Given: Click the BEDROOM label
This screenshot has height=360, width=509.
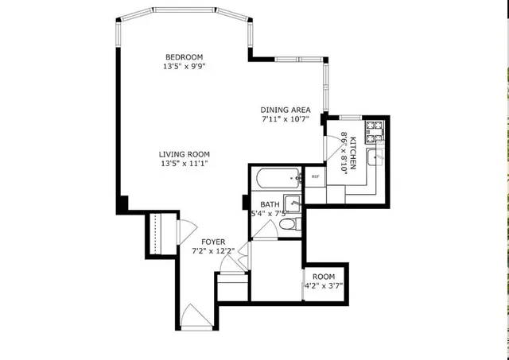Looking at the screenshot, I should point(184,56).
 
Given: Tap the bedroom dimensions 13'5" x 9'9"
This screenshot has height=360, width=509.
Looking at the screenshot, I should point(184,67).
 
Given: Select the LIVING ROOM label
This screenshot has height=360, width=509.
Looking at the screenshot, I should point(183,154).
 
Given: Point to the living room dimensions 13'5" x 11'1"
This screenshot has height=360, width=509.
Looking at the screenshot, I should point(183,165).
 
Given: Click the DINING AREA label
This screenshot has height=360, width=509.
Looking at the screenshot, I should point(285,110).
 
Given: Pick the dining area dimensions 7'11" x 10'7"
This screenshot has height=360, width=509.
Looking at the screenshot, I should point(285,120).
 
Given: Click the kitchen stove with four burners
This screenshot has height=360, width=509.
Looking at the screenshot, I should point(373,126).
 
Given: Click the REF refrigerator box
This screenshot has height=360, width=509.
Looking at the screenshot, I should point(315,176).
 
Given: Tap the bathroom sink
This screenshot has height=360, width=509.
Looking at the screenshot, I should point(292,203).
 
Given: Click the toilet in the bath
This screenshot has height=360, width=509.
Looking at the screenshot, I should point(291,226).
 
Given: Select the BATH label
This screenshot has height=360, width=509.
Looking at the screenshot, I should point(269,204).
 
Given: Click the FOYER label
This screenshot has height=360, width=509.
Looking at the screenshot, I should point(212,242).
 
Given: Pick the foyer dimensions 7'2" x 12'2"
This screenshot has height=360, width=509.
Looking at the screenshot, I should point(212,252).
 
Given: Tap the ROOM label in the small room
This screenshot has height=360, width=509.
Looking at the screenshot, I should point(323,276).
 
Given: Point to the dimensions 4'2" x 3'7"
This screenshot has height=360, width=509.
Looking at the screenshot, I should point(323,286).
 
